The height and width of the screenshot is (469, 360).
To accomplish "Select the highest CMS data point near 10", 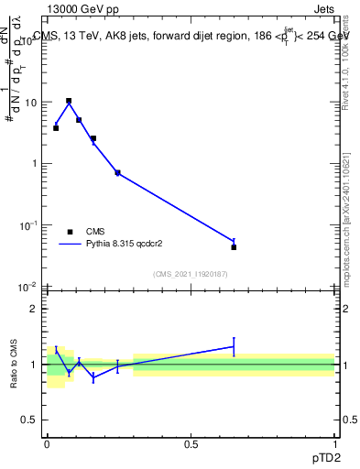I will [69, 101].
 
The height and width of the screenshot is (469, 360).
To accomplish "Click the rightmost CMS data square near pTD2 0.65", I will [234, 247].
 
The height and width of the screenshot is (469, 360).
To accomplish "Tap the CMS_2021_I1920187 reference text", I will [191, 273].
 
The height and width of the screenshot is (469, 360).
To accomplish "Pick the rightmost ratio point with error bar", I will [234, 346].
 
